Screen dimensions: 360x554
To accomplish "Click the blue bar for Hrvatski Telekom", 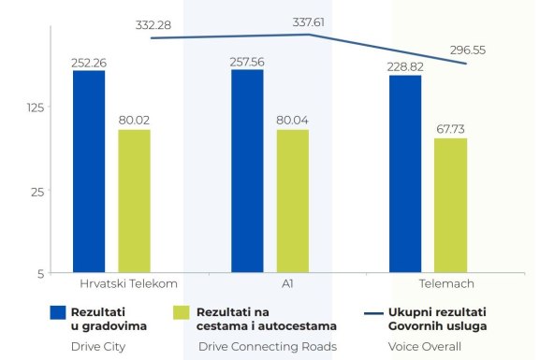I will tap(89, 172).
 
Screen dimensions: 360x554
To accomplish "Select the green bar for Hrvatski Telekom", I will tap(134, 201).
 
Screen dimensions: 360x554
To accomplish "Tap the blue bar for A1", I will tap(247, 171).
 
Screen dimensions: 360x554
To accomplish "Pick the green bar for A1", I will tap(292, 201).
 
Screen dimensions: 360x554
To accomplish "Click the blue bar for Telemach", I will tap(405, 174).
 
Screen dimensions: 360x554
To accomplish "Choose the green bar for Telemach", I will tap(450, 206).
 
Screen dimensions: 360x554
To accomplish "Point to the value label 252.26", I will tap(89, 63).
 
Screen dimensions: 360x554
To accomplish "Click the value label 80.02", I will tap(134, 121).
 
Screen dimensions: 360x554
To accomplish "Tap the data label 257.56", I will tap(248, 62).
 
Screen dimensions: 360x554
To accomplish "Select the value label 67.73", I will tap(450, 129).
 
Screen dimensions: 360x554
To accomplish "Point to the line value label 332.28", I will tap(153, 24).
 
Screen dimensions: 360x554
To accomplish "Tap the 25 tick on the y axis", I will tap(36, 192).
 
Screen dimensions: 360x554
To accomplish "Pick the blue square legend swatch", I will tap(56, 311).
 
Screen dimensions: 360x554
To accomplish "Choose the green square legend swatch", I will tap(182, 311).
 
